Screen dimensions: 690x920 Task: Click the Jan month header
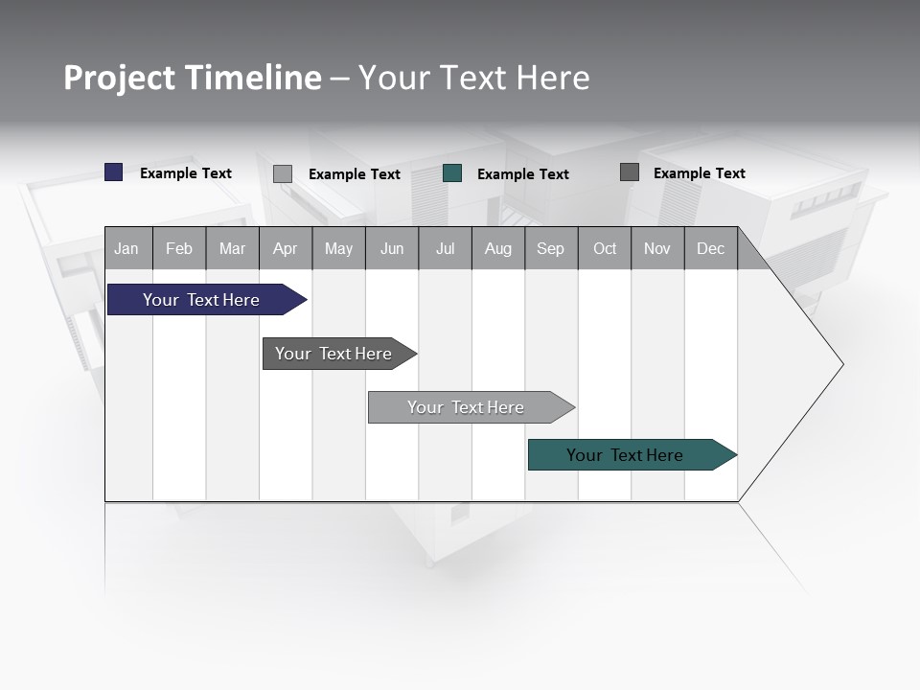pos(127,249)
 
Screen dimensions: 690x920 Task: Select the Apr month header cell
pos(286,249)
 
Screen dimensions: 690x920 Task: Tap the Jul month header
pos(445,249)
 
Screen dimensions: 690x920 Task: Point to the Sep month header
pos(551,249)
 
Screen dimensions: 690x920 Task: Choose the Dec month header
pos(710,249)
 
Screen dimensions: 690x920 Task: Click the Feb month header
pos(179,249)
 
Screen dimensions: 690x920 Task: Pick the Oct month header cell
pos(605,249)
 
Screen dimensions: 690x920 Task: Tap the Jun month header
pos(392,249)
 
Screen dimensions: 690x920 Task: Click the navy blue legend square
pos(114,172)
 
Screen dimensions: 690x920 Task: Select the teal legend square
pos(452,173)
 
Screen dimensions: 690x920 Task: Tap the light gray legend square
pos(283,173)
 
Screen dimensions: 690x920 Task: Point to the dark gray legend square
pos(630,172)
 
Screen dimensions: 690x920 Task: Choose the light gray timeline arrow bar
pos(467,407)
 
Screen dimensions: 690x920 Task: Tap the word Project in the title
pos(119,78)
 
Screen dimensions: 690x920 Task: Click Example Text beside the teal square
pos(523,174)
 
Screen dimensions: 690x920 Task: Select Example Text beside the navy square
pos(186,173)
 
